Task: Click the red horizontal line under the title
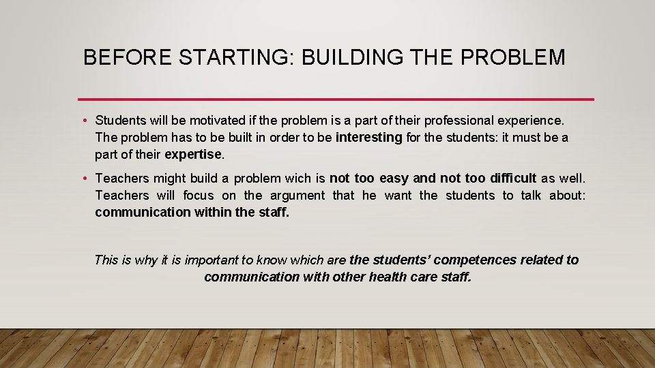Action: tap(336, 99)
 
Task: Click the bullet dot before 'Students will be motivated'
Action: tap(84, 121)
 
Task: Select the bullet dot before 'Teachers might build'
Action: tap(84, 179)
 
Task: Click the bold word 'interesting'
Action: tap(369, 138)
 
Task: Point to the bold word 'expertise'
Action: tap(193, 155)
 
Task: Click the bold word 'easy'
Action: tap(394, 179)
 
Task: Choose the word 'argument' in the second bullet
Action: tap(297, 196)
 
